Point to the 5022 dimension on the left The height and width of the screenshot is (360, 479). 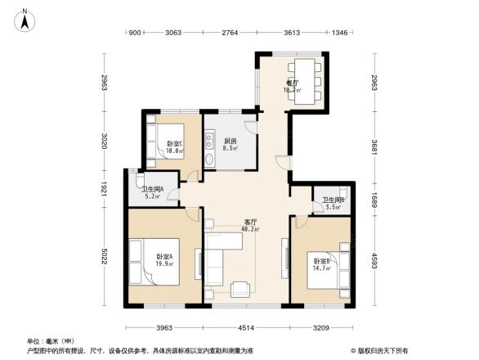104,255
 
